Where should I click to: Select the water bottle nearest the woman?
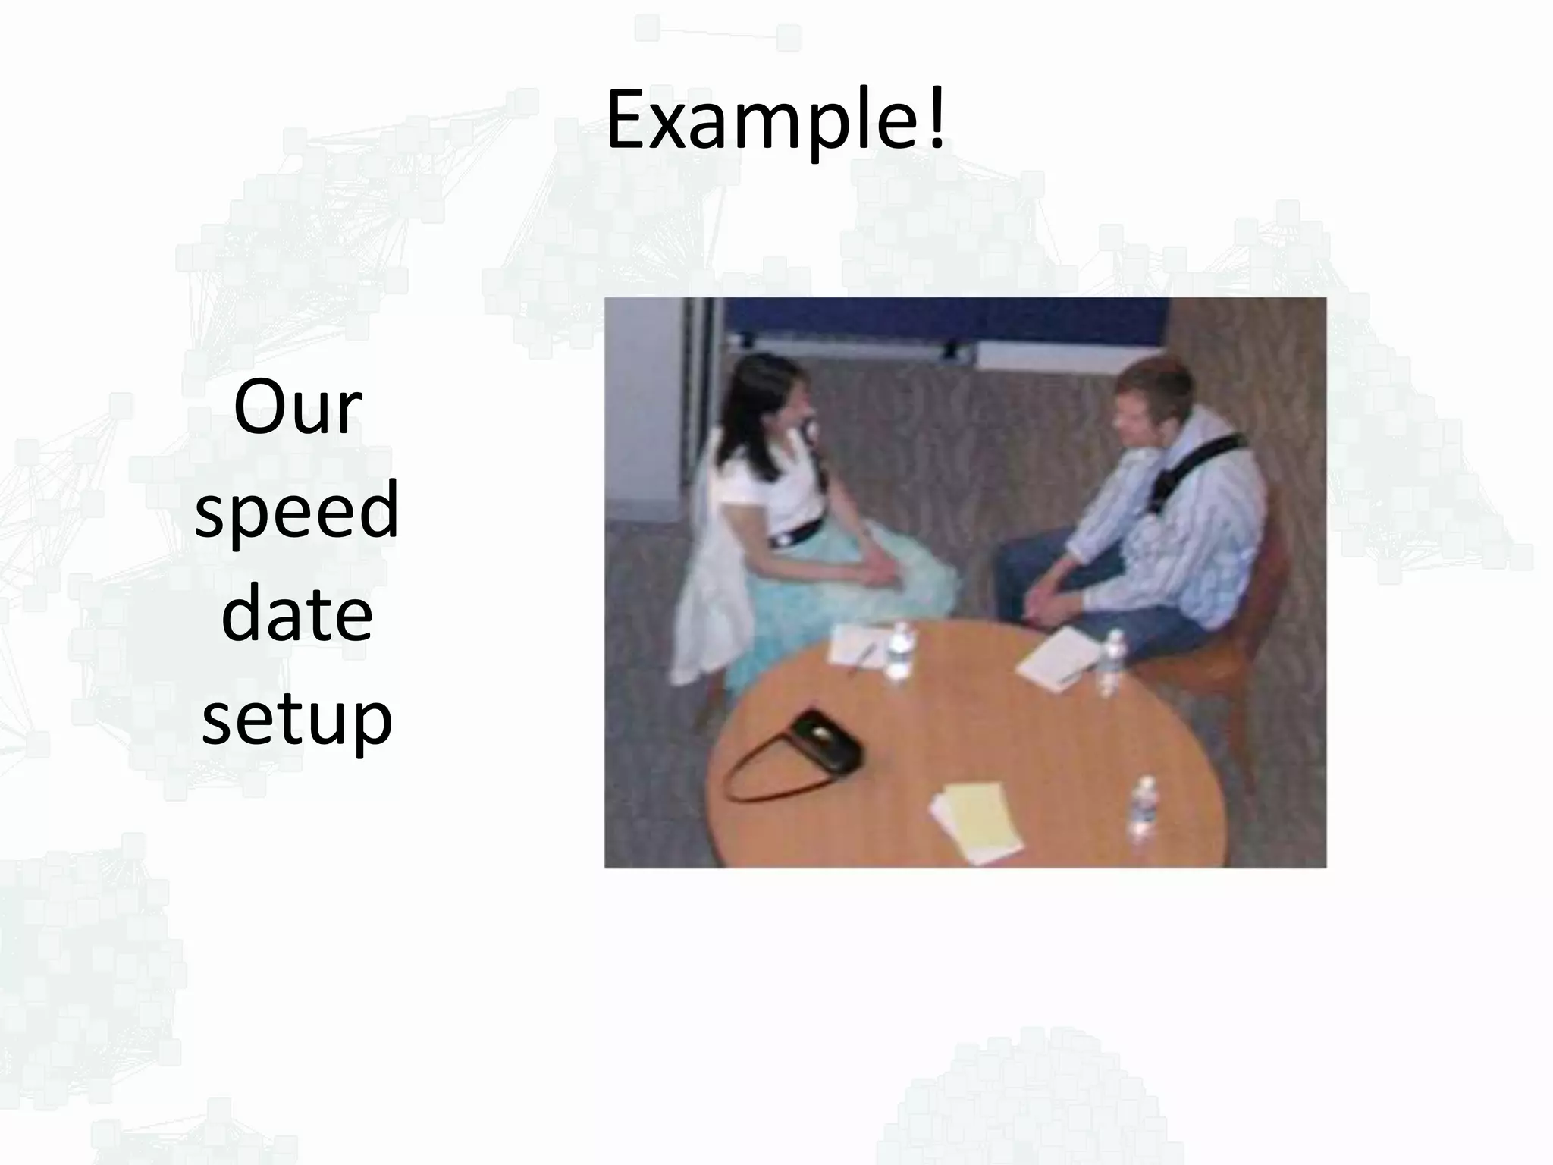pos(899,650)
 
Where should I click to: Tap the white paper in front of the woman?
pos(857,645)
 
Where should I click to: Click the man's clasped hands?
pos(1050,599)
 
